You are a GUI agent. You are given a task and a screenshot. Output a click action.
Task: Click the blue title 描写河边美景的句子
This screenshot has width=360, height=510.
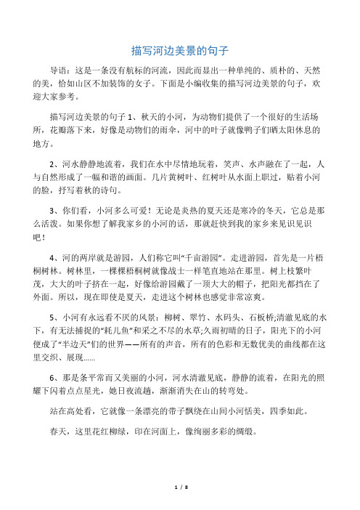click(x=180, y=51)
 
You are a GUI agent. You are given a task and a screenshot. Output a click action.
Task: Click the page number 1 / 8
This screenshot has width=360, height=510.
click(x=180, y=502)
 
